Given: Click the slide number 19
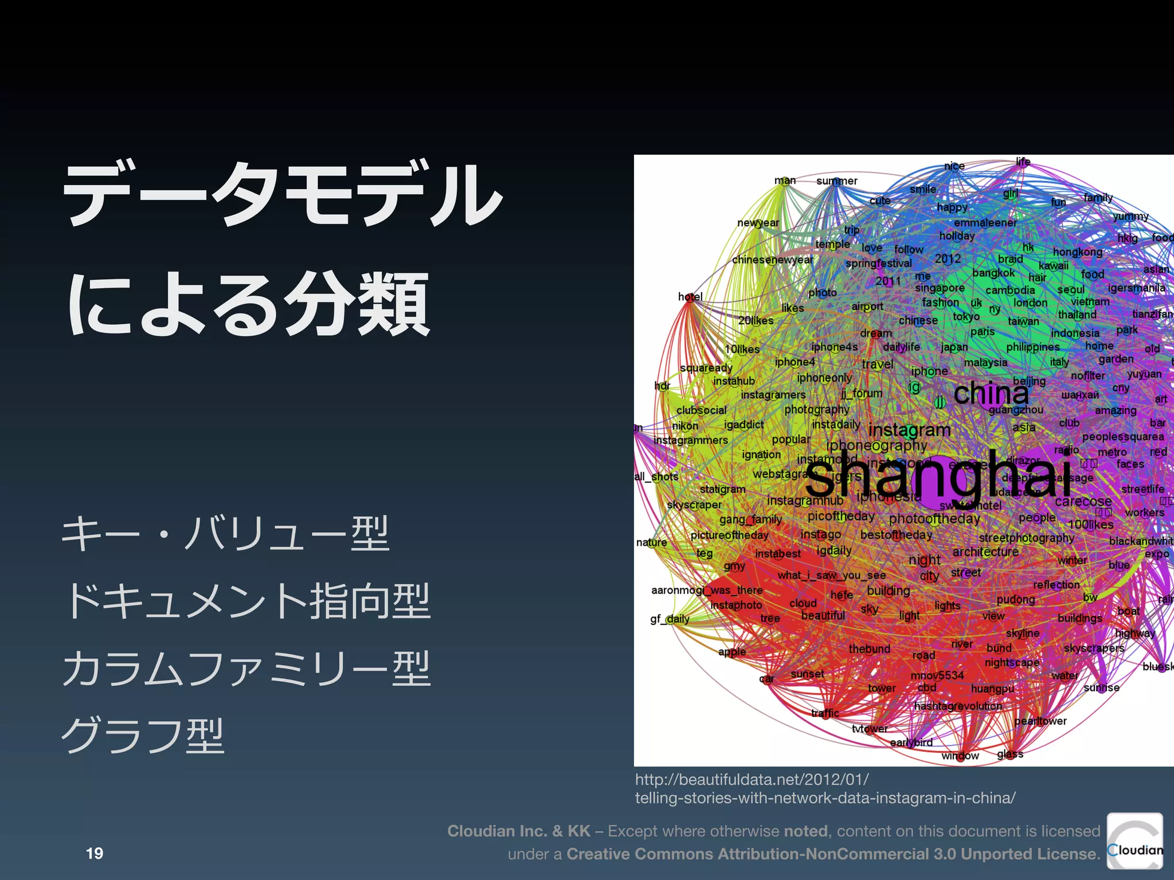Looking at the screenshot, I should tap(95, 853).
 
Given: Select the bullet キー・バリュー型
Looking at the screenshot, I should tap(225, 533).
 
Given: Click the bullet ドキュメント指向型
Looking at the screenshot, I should tap(247, 601).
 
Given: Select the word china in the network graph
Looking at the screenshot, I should tap(991, 393).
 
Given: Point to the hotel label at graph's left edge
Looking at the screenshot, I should tap(690, 297).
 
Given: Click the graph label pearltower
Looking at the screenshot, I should tap(1040, 721).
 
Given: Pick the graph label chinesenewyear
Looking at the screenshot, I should tap(772, 260).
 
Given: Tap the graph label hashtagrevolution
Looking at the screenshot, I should tap(958, 706).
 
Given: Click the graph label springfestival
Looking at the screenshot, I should tap(878, 263).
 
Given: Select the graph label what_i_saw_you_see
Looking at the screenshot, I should tap(831, 575).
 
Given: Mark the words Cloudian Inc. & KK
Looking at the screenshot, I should tap(518, 831).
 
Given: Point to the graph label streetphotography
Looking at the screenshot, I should tap(1026, 538).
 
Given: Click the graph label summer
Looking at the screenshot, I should tap(836, 181).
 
